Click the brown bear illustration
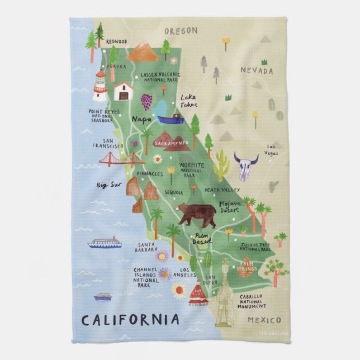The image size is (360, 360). click(x=195, y=213)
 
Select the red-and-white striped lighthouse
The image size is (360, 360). click(x=100, y=86)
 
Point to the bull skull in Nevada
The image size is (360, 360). click(x=245, y=166)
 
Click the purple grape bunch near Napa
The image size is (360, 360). click(x=146, y=101)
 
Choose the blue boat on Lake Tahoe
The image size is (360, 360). click(x=170, y=119)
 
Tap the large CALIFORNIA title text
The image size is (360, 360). click(x=131, y=320)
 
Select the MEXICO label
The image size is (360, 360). click(x=263, y=320)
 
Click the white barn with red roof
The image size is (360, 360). click(x=123, y=91)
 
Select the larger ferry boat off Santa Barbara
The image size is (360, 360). click(x=105, y=242)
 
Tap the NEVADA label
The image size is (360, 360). click(x=257, y=71)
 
